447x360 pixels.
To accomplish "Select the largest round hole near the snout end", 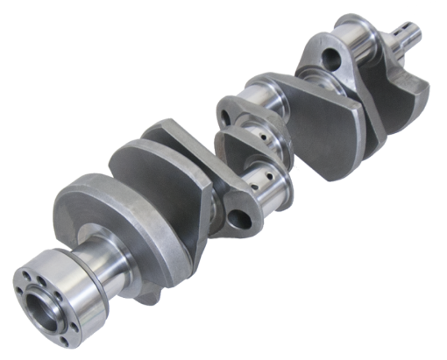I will [334, 60].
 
